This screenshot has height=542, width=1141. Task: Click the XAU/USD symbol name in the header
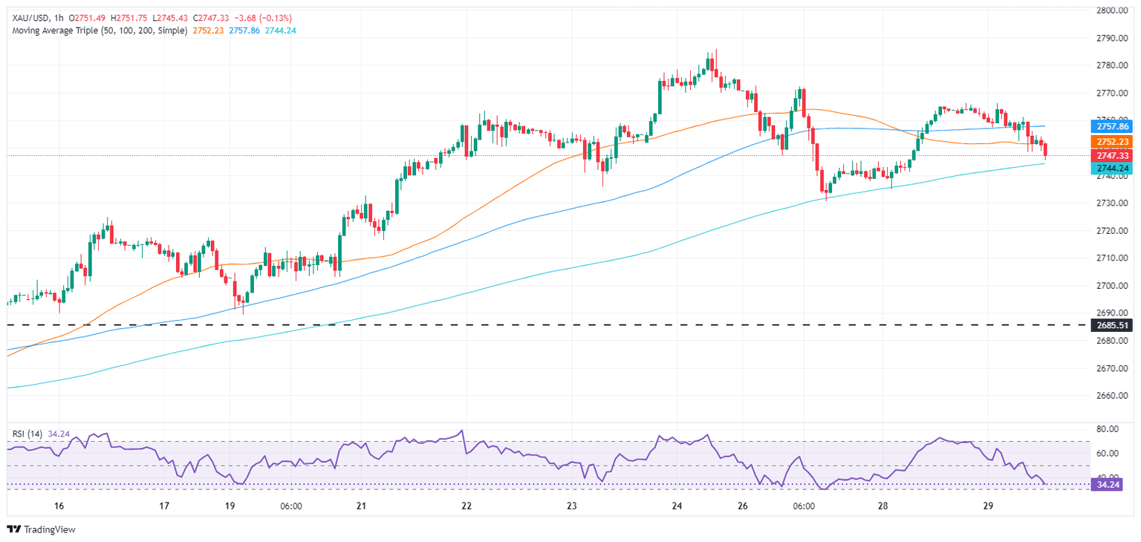pyautogui.click(x=28, y=17)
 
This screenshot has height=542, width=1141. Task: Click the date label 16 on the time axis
pyautogui.click(x=59, y=506)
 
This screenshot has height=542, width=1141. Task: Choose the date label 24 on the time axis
pyautogui.click(x=677, y=506)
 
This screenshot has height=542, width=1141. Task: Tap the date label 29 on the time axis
pyautogui.click(x=988, y=506)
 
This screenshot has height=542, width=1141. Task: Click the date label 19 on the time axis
pyautogui.click(x=230, y=506)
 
